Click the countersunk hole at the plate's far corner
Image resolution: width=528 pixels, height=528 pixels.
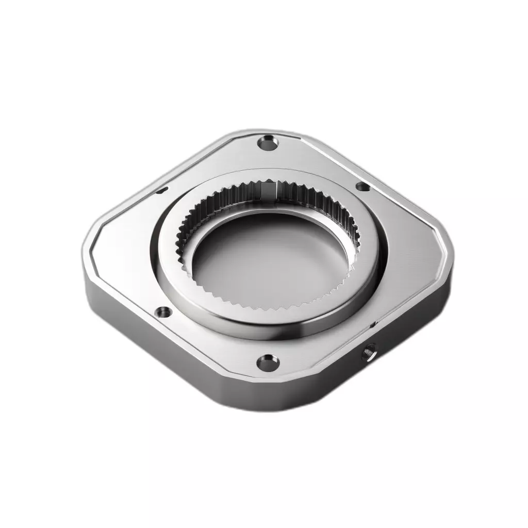tap(268, 142)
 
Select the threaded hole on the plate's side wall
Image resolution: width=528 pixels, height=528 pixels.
tap(369, 355)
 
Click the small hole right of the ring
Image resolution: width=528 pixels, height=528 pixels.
tap(362, 187)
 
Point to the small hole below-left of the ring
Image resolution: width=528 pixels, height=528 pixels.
tap(163, 312)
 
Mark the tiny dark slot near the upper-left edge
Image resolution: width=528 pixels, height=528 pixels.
tap(161, 191)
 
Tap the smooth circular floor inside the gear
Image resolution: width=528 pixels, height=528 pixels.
tap(268, 258)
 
